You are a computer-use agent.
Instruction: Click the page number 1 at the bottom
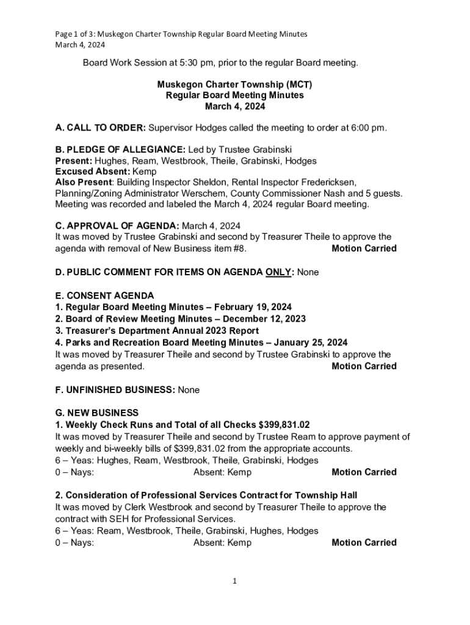[x=234, y=581]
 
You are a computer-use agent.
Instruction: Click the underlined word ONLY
[x=278, y=272]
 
